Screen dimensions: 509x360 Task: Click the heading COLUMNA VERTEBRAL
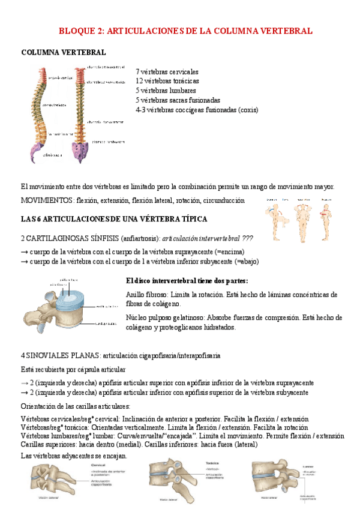click(x=64, y=53)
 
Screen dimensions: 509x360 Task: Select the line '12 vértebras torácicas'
click(x=167, y=81)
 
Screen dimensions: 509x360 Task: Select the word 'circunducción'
click(x=224, y=200)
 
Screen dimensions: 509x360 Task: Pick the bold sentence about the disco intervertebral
click(x=187, y=281)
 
